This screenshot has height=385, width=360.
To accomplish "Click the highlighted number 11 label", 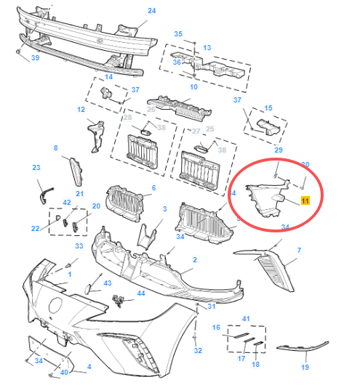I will click(x=305, y=199).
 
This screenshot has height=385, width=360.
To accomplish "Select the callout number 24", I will click(x=152, y=11).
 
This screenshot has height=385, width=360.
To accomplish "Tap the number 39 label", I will click(x=34, y=58).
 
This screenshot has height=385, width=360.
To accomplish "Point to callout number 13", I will click(x=207, y=48).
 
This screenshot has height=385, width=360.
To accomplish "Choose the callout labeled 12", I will click(x=81, y=110).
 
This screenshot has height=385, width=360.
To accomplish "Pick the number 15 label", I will click(x=268, y=108).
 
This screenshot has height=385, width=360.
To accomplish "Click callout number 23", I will click(x=36, y=168).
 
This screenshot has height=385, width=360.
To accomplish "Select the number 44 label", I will click(x=141, y=293).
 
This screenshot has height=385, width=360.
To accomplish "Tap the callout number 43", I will click(x=107, y=283).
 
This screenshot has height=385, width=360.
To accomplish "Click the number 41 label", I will click(x=246, y=319).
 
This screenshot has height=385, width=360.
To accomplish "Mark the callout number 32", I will click(x=197, y=350).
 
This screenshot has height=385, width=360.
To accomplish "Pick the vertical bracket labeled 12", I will click(x=94, y=136).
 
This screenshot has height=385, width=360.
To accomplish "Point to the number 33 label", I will click(x=79, y=246).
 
